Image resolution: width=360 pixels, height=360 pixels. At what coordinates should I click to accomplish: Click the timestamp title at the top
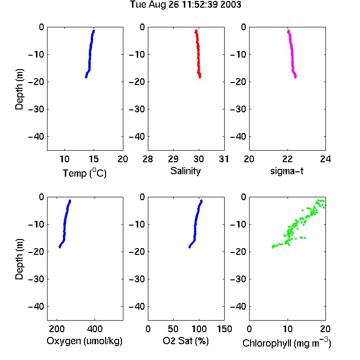[185, 4]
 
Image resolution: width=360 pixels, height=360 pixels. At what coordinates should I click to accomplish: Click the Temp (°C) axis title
[84, 173]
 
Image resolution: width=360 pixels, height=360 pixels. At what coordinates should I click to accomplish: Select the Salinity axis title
[185, 171]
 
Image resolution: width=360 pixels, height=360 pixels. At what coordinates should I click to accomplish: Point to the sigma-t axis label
[287, 171]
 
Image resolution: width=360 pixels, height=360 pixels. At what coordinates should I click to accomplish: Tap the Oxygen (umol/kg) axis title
[84, 341]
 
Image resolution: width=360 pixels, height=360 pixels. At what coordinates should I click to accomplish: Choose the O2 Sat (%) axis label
[186, 341]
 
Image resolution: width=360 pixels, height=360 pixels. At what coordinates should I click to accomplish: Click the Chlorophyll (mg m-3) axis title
[287, 342]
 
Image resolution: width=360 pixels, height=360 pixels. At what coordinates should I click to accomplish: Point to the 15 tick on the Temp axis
[94, 159]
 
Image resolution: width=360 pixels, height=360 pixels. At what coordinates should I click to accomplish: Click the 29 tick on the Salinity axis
[173, 159]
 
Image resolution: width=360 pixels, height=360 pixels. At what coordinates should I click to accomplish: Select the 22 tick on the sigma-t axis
[288, 159]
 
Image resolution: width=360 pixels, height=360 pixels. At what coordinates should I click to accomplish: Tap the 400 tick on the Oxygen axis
[95, 329]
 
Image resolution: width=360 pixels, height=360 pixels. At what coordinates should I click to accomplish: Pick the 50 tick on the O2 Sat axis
[173, 329]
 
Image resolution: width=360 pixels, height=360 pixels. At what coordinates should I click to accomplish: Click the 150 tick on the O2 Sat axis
[224, 329]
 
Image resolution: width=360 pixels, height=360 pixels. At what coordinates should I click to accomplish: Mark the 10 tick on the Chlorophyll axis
[288, 329]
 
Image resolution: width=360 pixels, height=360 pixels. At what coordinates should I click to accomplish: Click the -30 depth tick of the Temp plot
[36, 109]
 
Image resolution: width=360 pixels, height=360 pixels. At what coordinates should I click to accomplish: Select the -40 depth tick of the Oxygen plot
[36, 306]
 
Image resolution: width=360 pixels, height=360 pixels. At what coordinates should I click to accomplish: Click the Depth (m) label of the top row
[19, 89]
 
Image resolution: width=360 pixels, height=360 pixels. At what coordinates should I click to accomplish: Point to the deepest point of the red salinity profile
[200, 77]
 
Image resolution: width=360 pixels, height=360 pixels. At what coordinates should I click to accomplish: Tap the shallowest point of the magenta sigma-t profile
[288, 31]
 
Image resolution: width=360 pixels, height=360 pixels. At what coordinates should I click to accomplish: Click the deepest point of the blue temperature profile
[86, 77]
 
